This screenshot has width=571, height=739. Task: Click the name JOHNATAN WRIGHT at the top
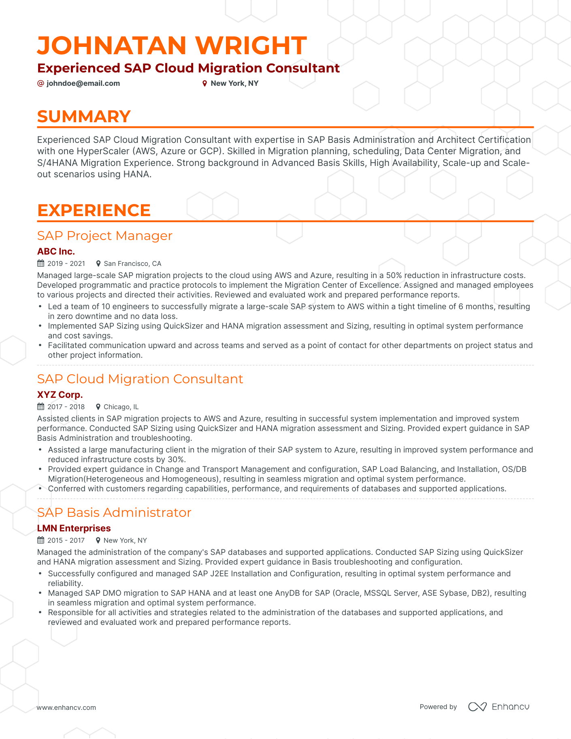[172, 45]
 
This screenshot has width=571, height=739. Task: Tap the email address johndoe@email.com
[83, 83]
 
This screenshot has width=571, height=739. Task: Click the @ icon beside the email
[40, 83]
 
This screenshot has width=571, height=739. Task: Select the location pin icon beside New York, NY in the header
[205, 83]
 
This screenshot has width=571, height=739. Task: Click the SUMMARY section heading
[84, 117]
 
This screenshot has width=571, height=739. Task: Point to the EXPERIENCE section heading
[94, 210]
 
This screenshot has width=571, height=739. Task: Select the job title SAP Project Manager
[104, 236]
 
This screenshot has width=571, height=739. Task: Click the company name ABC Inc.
[56, 251]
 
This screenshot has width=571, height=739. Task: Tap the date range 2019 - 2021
[66, 263]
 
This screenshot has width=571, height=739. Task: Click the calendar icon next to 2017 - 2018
[40, 407]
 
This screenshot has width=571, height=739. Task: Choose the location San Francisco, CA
[132, 263]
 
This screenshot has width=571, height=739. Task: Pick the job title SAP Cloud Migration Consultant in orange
[140, 379]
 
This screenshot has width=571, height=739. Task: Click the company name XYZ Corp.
[60, 395]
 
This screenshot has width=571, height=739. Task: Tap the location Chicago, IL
[121, 407]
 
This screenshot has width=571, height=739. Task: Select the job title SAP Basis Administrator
[114, 512]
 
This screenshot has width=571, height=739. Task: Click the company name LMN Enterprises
[74, 528]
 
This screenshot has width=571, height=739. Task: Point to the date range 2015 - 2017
[66, 540]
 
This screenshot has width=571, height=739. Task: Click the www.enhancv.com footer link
[66, 707]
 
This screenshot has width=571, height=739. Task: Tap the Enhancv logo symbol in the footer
[477, 707]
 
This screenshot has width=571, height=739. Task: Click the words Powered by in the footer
[438, 707]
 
